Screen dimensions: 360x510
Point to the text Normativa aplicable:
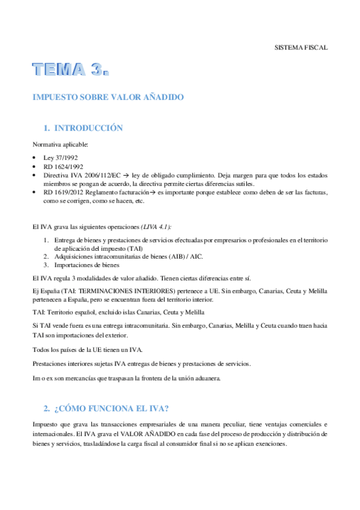click(x=60, y=144)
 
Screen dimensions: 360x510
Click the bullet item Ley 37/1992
click(x=57, y=158)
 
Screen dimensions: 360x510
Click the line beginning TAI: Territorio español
click(x=118, y=312)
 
